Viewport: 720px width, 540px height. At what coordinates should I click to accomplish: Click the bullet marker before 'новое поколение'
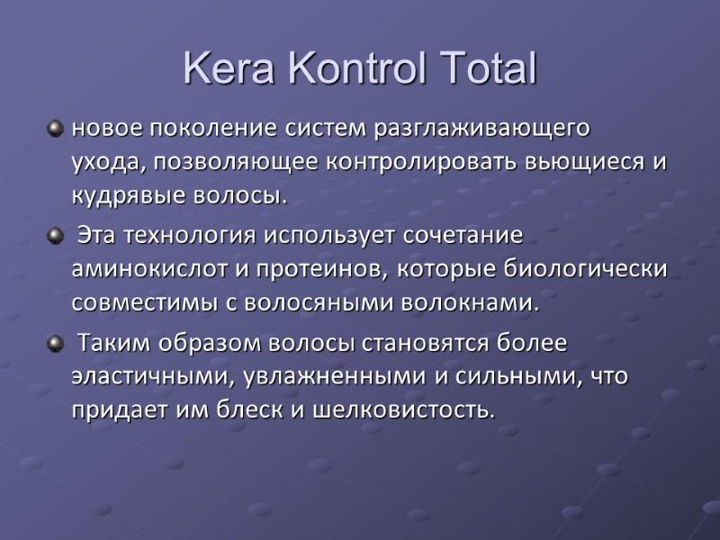57,129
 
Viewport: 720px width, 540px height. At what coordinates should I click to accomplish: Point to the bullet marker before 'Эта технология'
57,237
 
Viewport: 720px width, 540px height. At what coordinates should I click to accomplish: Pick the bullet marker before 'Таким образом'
57,345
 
